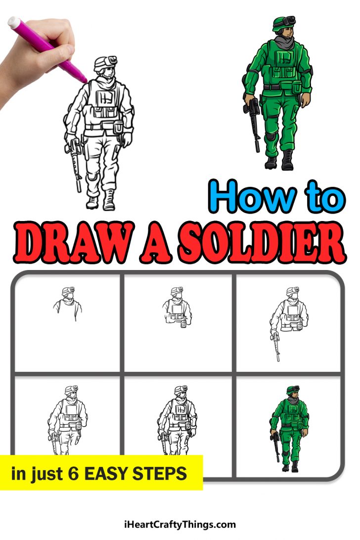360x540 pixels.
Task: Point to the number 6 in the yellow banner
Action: coord(73,474)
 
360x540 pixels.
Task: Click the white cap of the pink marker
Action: coord(14,22)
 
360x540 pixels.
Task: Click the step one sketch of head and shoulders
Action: coord(67,303)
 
